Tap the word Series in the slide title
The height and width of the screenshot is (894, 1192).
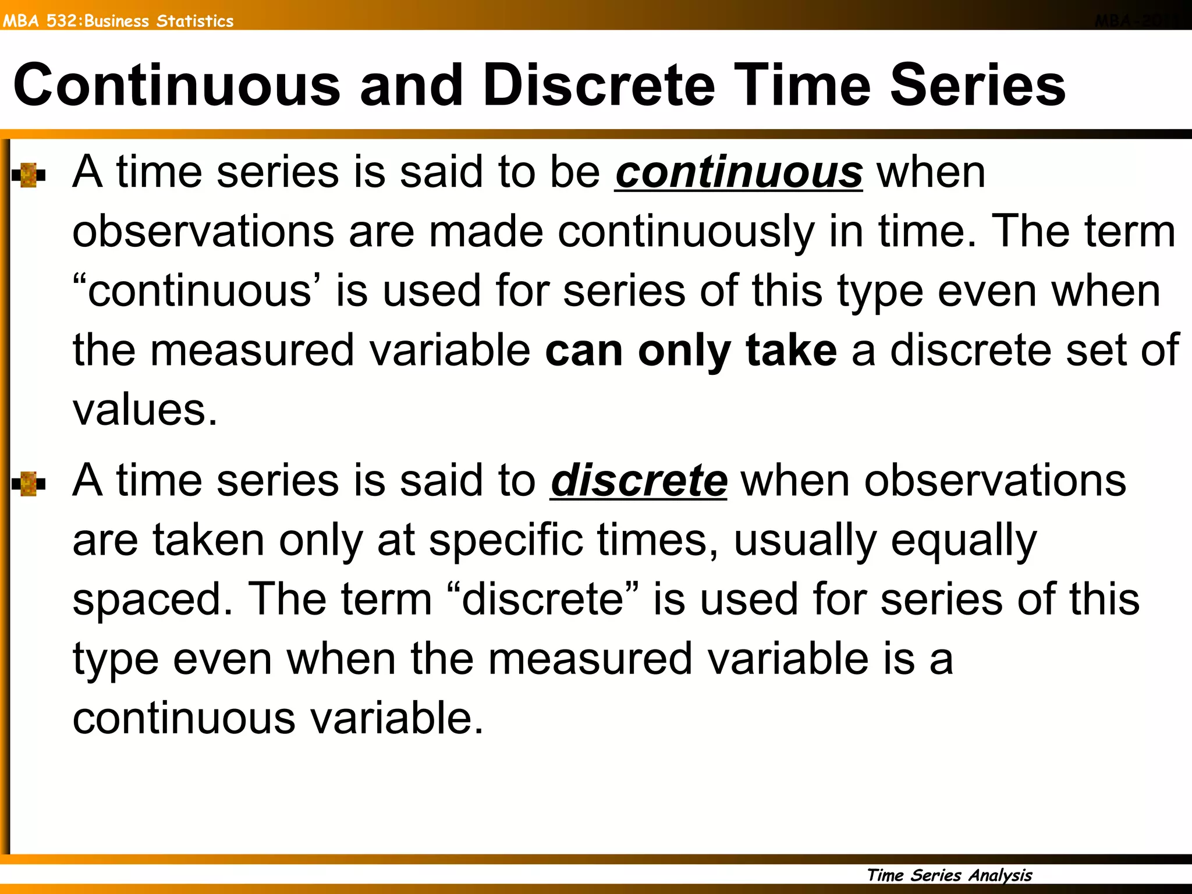tap(978, 86)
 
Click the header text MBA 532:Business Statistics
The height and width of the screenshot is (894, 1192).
tap(118, 21)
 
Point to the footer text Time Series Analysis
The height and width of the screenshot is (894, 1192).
tap(949, 875)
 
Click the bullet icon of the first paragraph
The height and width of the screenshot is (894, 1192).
tap(28, 175)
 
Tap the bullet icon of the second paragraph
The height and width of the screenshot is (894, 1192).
tap(28, 484)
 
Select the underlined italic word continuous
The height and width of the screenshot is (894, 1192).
tap(739, 173)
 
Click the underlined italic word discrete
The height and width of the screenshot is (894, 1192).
tap(638, 481)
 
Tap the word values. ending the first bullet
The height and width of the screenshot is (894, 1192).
tap(145, 410)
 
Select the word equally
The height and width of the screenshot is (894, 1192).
tap(964, 542)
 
